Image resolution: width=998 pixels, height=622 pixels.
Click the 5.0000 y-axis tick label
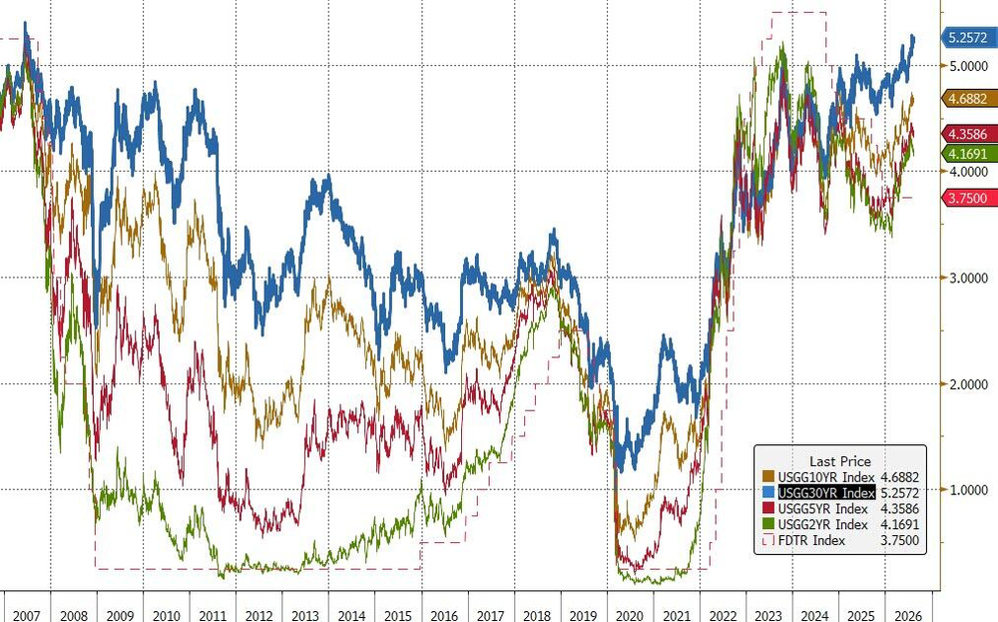click(968, 66)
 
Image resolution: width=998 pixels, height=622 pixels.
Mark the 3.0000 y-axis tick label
click(968, 279)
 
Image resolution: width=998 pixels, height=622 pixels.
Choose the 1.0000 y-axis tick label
click(968, 490)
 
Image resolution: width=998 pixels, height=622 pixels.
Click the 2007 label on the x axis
click(27, 616)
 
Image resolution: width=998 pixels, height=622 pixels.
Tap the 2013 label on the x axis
click(304, 616)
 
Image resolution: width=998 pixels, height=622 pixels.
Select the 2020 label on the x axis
click(630, 616)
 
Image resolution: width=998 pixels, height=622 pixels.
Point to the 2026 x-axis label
click(907, 616)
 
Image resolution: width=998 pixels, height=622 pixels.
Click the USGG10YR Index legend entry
click(826, 477)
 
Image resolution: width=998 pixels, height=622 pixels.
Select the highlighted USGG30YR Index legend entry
click(826, 493)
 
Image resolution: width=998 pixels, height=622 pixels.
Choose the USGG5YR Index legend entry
click(822, 508)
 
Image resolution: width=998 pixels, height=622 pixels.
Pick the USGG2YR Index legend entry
click(822, 524)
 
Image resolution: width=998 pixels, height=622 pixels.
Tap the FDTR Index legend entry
click(811, 540)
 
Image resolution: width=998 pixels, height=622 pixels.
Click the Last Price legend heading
click(840, 461)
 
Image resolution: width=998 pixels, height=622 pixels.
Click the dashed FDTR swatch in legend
click(768, 540)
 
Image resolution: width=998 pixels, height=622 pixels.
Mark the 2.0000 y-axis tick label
click(968, 384)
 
